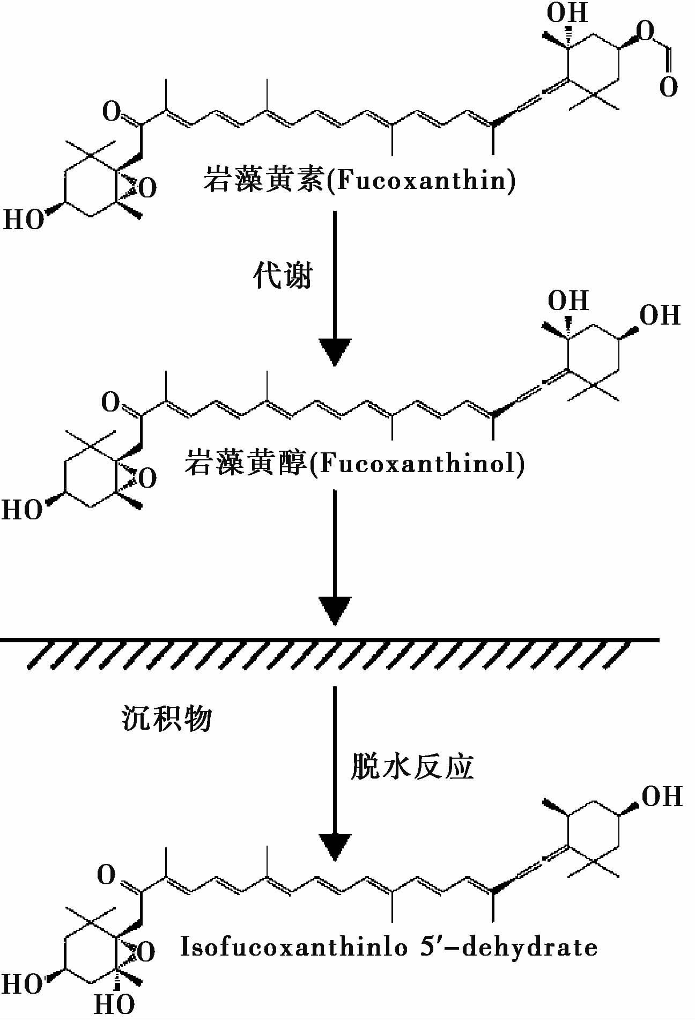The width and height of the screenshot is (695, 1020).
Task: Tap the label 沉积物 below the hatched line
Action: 167,717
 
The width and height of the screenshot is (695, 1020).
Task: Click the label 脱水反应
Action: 412,766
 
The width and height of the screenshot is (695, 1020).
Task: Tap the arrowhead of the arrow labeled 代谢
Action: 335,351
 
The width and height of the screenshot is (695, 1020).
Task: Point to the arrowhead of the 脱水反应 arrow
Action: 335,847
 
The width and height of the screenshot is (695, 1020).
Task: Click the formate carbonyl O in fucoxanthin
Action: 668,87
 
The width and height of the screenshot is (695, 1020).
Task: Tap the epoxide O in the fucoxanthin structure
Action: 147,188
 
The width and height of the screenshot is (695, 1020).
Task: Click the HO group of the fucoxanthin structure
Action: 24,220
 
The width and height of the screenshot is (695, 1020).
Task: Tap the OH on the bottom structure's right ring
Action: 662,797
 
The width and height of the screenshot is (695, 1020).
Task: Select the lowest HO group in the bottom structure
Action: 114,1004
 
